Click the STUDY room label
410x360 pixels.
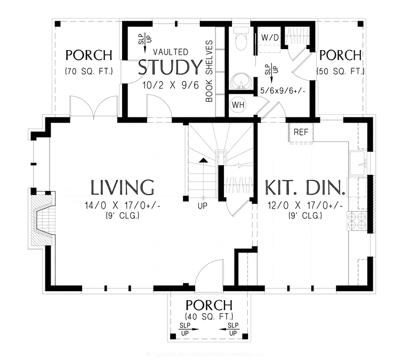[x=170, y=68]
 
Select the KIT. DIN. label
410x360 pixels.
[x=305, y=188]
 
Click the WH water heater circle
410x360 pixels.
[x=238, y=105]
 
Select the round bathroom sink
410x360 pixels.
[x=240, y=81]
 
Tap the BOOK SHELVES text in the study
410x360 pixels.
[x=210, y=71]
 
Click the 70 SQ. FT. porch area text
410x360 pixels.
[x=89, y=71]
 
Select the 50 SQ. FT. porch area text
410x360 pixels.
[x=341, y=71]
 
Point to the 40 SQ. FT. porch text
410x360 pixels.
[x=208, y=316]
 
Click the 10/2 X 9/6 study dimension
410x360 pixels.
[x=170, y=85]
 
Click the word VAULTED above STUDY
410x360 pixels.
[x=170, y=52]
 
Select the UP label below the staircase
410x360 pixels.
[x=203, y=205]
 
